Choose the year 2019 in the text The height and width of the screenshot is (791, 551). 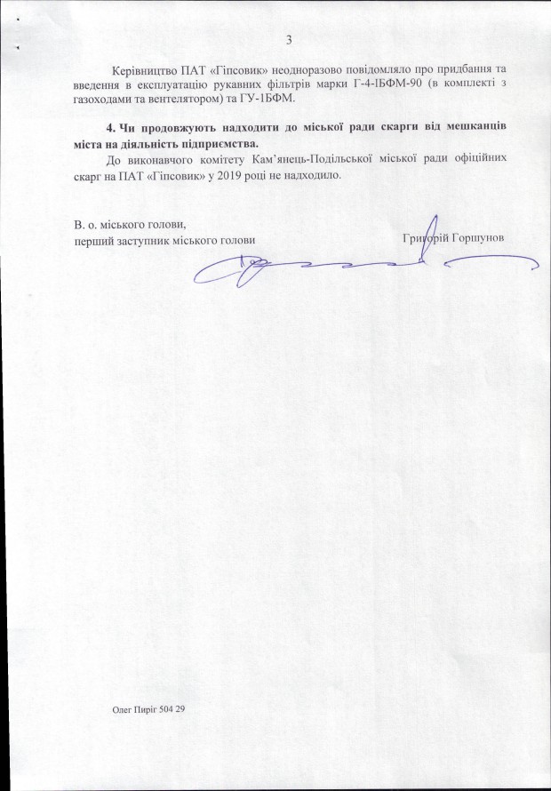click(x=228, y=175)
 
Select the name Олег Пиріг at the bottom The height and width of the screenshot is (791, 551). click(x=132, y=709)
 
